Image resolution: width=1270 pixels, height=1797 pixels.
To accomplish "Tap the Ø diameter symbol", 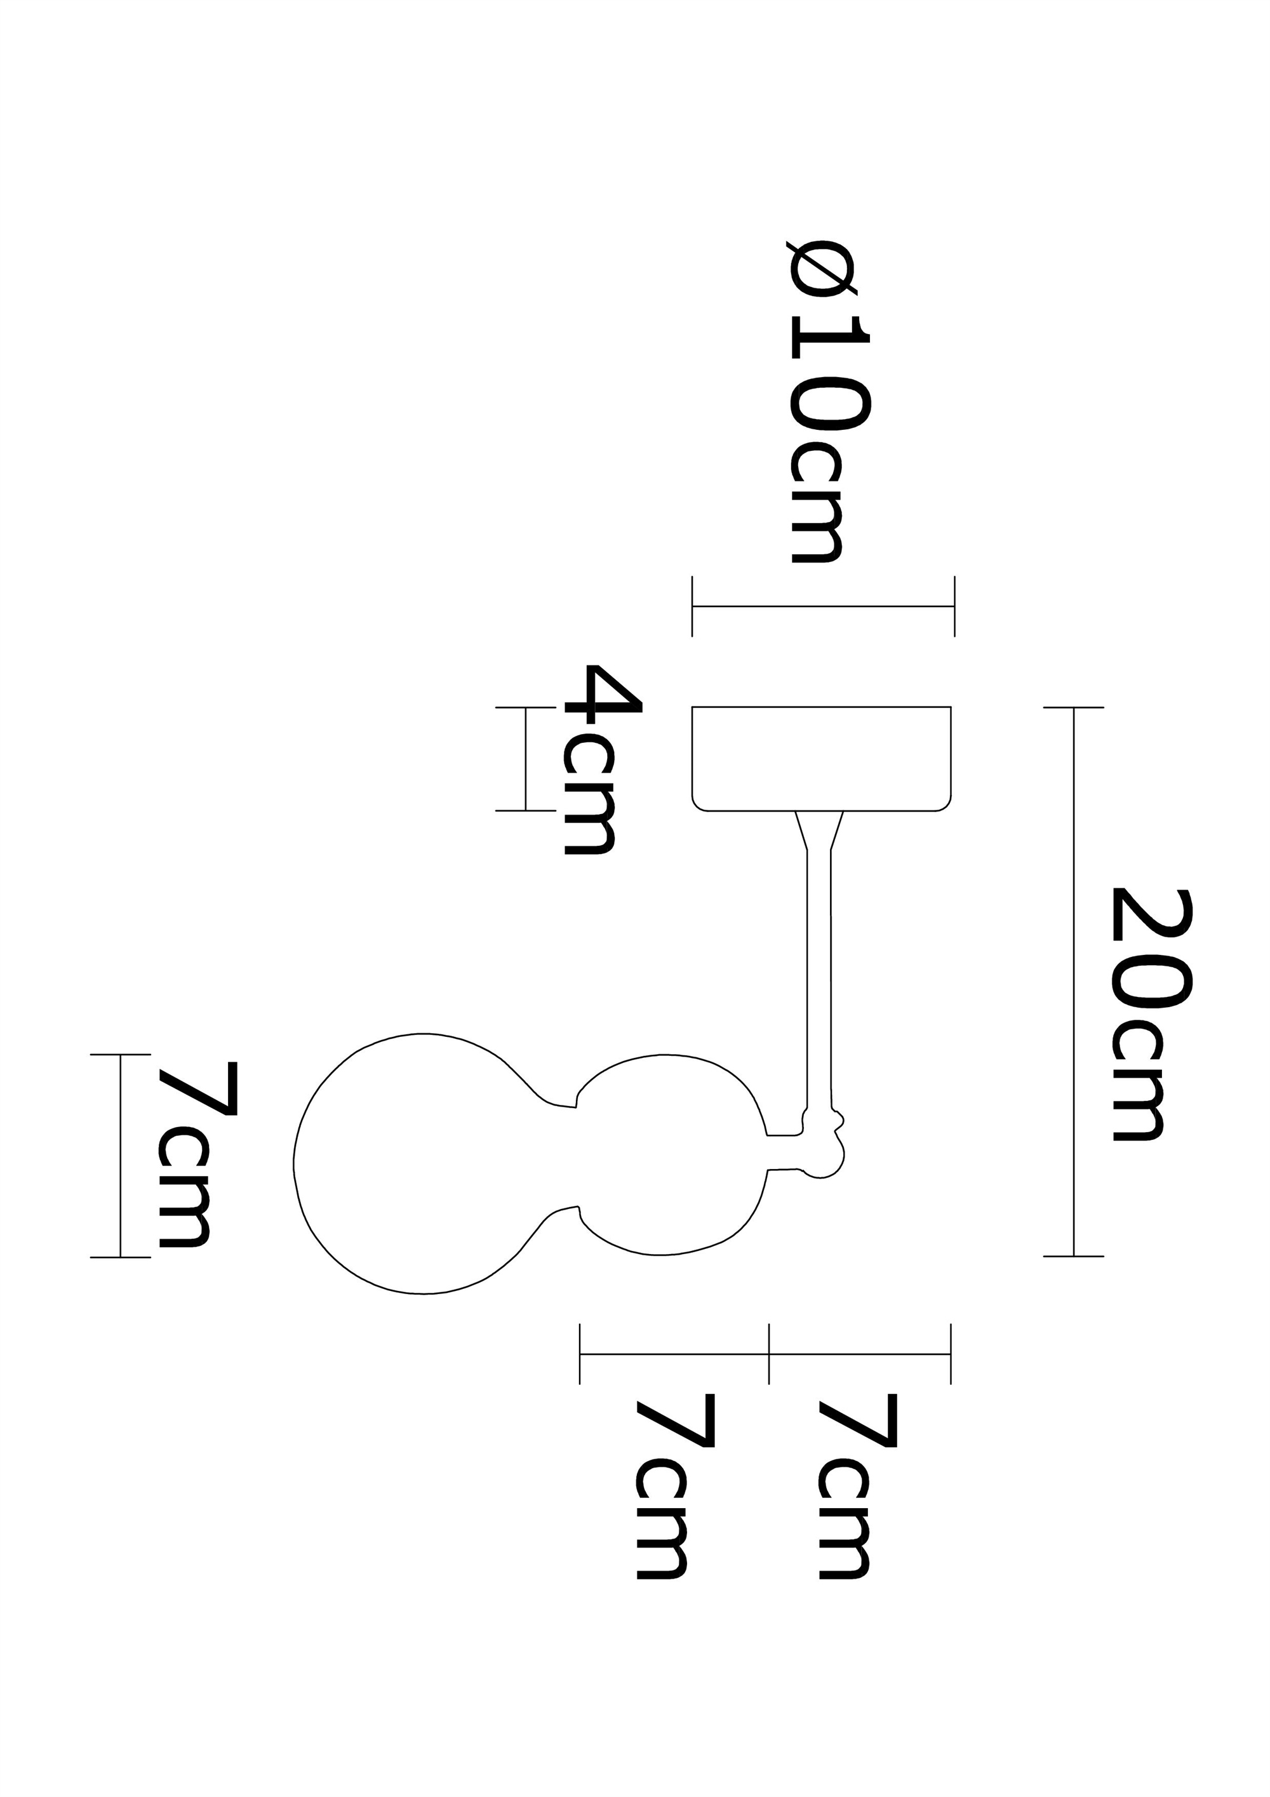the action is click(826, 269).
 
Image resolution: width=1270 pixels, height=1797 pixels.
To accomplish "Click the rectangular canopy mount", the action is click(821, 758).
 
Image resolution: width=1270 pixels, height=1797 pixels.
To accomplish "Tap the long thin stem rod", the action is click(819, 979).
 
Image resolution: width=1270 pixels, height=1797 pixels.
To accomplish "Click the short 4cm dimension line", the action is click(525, 758).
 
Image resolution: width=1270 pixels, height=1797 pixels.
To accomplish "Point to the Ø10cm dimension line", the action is click(822, 606).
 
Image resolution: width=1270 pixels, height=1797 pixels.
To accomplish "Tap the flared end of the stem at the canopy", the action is click(819, 831).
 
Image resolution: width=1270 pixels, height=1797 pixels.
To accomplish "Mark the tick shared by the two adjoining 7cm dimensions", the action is click(769, 1354).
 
